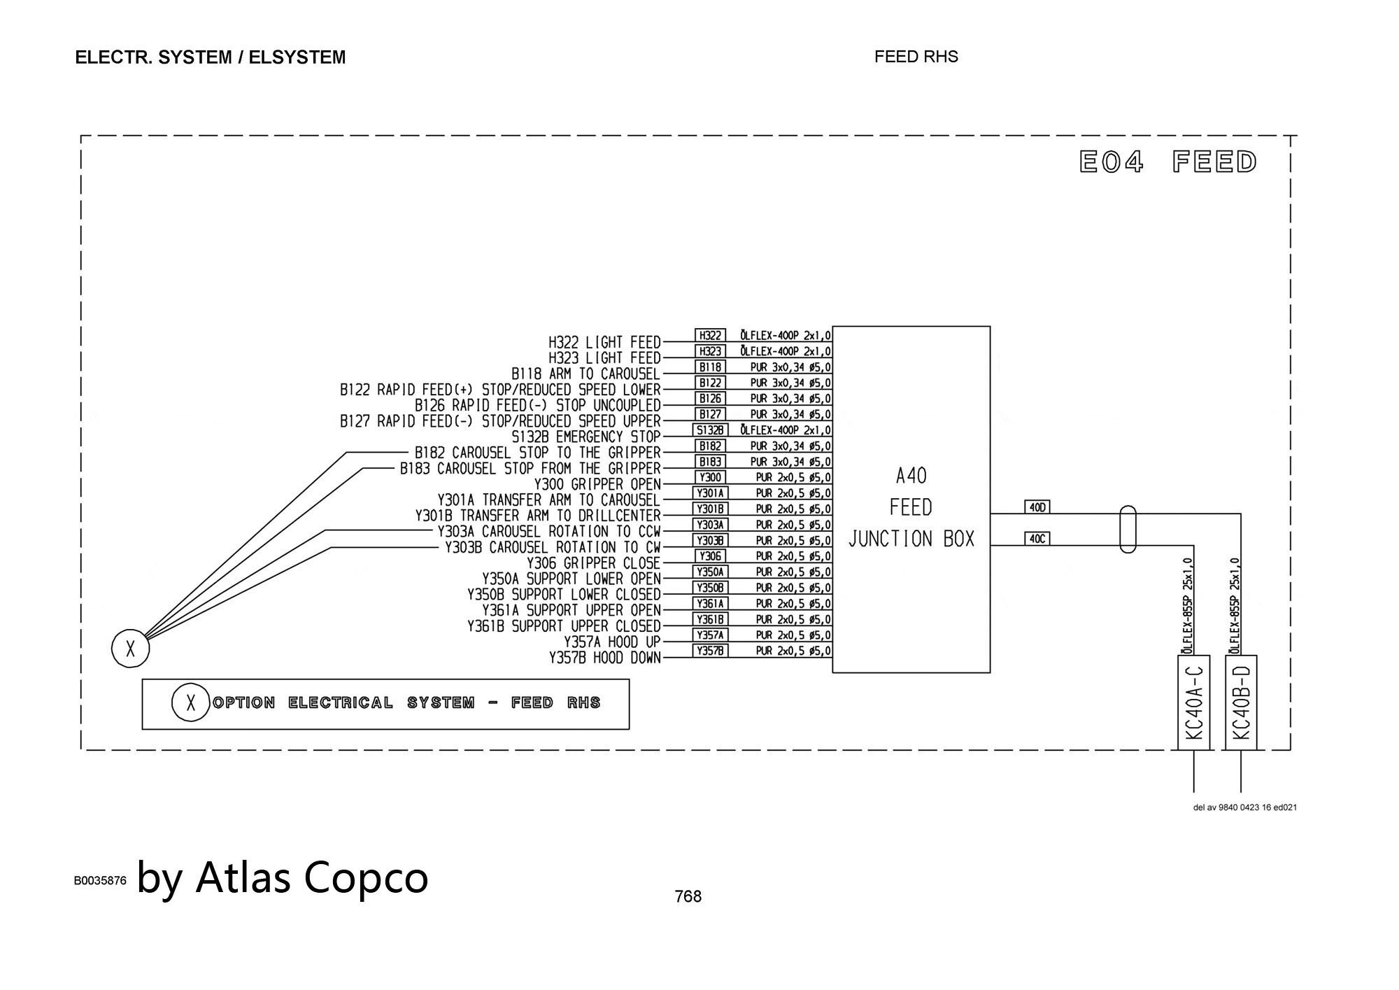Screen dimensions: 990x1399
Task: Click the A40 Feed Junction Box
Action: (911, 500)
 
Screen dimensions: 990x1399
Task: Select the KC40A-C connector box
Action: (1193, 702)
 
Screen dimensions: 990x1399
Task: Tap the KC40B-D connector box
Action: (1241, 702)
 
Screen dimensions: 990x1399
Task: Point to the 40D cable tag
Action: (1037, 507)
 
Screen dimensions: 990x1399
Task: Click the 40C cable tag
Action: (1037, 539)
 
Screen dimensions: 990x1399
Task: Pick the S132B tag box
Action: (710, 430)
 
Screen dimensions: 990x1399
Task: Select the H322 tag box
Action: (710, 335)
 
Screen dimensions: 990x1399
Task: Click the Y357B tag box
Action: (710, 651)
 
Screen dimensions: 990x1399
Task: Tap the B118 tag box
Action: (710, 367)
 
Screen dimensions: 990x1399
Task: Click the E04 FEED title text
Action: (1168, 162)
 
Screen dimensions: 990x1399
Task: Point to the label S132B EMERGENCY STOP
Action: (585, 437)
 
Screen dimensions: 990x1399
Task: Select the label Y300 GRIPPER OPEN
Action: (597, 484)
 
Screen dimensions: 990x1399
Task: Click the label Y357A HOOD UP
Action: (611, 642)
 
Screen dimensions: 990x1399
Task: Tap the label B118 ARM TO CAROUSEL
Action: (585, 374)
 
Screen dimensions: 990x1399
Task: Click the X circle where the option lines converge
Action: (130, 649)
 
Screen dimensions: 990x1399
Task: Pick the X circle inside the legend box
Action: (190, 702)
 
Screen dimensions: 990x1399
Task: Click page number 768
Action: (688, 896)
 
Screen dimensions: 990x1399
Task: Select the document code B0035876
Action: (100, 881)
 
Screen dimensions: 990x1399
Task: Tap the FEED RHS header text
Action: (916, 57)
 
